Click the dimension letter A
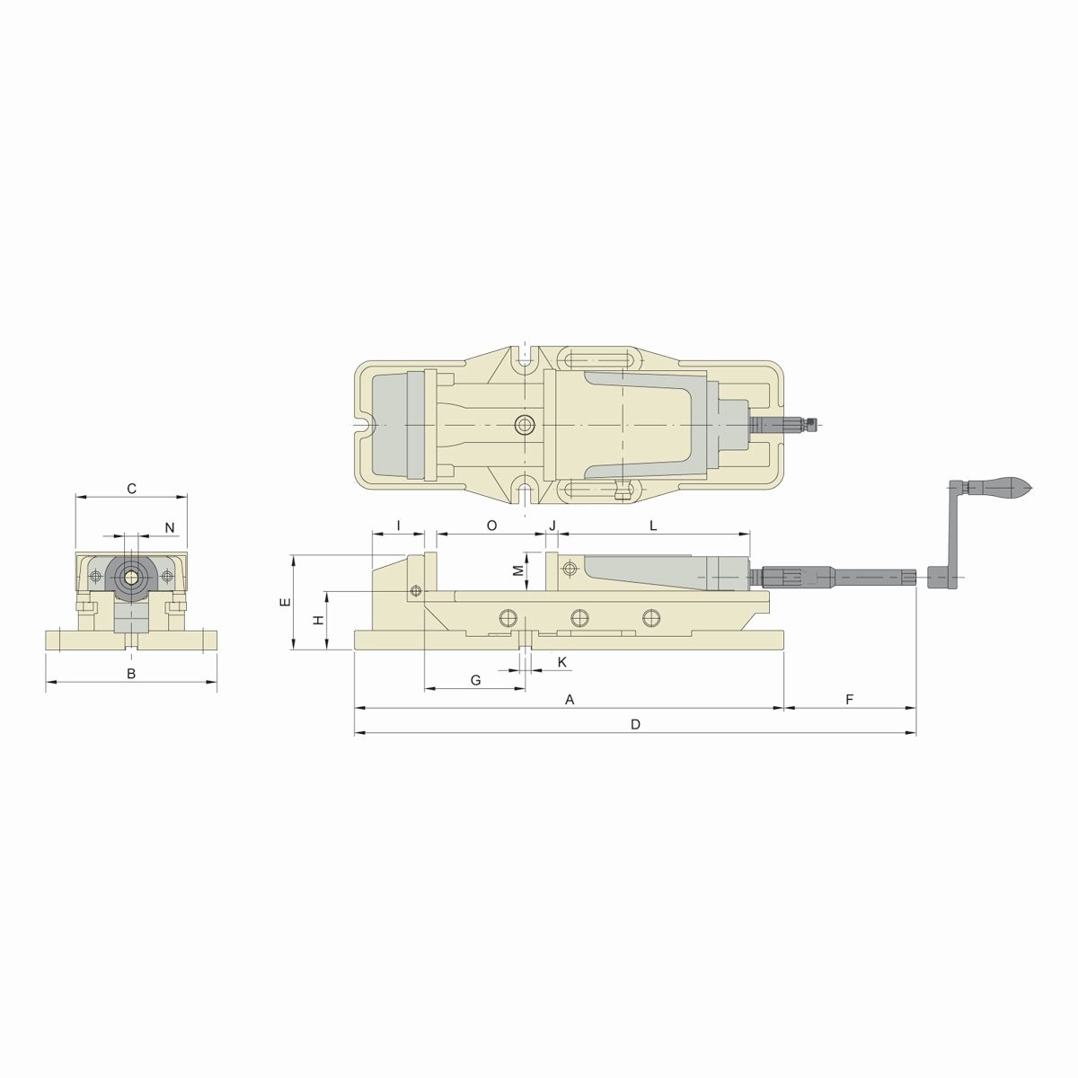pyautogui.click(x=570, y=699)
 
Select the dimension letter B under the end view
pyautogui.click(x=130, y=673)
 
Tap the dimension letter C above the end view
pyautogui.click(x=131, y=489)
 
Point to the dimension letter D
pyautogui.click(x=635, y=724)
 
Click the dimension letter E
pyautogui.click(x=284, y=602)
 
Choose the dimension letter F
pyautogui.click(x=850, y=699)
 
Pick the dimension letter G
pyautogui.click(x=475, y=680)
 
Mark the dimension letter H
pyautogui.click(x=317, y=620)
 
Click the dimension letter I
pyautogui.click(x=397, y=525)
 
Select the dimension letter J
pyautogui.click(x=552, y=525)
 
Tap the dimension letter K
pyautogui.click(x=562, y=662)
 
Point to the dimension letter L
pyautogui.click(x=653, y=525)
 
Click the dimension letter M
pyautogui.click(x=517, y=570)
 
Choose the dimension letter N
pyautogui.click(x=169, y=526)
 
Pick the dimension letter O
pyautogui.click(x=491, y=525)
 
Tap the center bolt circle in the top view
pyautogui.click(x=523, y=424)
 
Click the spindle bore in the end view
pyautogui.click(x=131, y=575)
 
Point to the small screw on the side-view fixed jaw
pyautogui.click(x=414, y=590)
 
